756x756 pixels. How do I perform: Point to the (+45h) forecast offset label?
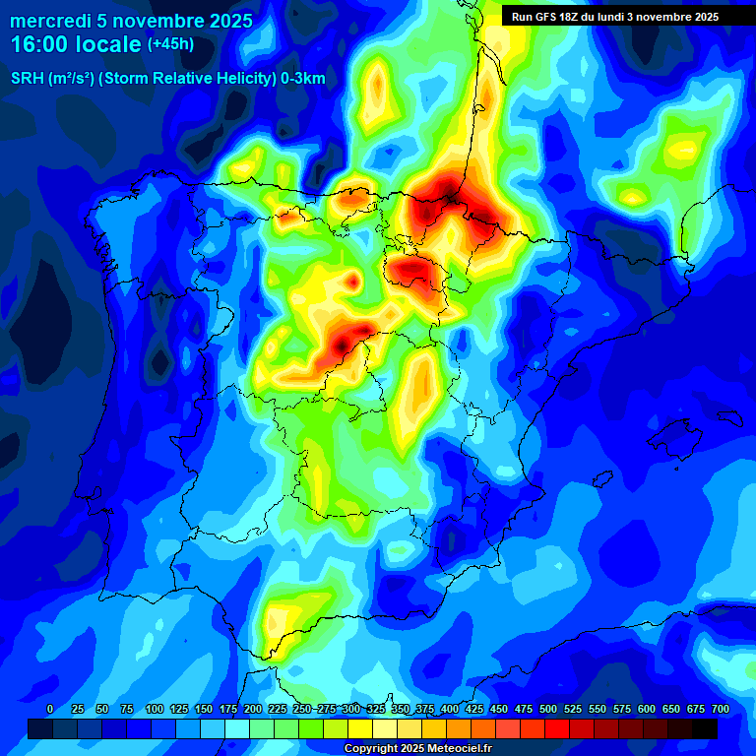170,44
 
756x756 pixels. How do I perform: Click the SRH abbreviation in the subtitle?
27,79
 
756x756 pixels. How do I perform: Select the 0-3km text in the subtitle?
302,79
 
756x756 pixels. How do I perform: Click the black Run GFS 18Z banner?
614,16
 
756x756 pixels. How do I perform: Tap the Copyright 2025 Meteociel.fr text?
417,748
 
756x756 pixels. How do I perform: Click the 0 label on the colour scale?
50,709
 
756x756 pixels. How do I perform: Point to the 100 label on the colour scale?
154,709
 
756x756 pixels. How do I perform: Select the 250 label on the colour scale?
301,709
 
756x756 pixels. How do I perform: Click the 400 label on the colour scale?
450,709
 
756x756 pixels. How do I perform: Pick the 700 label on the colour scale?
720,709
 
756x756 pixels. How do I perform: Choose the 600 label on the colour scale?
647,709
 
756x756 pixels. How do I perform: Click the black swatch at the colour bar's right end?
705,728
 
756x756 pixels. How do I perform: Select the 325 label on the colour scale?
376,709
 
